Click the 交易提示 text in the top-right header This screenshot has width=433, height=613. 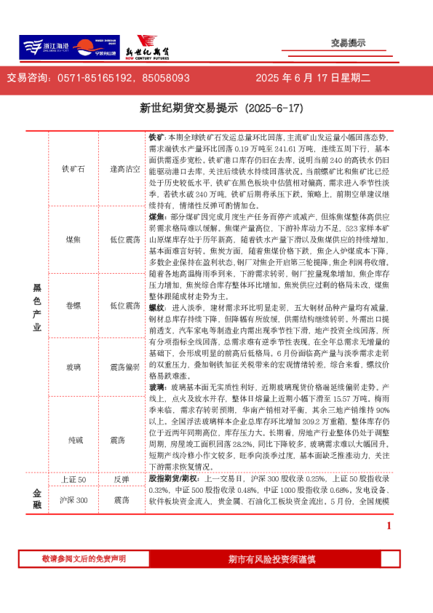(x=348, y=44)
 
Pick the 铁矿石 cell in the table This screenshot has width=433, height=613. (x=74, y=168)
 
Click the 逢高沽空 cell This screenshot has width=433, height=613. (x=124, y=168)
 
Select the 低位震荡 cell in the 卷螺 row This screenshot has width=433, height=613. (x=124, y=305)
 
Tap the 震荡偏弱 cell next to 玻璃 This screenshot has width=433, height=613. (x=124, y=368)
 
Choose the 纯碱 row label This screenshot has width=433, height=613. (x=74, y=440)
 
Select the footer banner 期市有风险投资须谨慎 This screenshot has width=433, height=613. (x=271, y=559)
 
